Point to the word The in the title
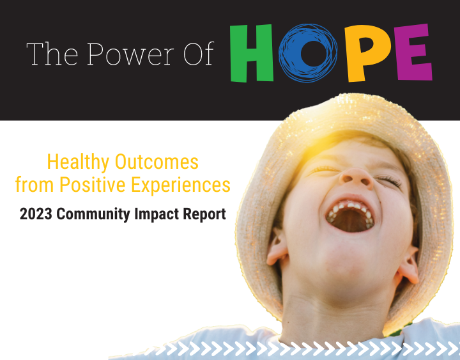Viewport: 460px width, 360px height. tap(52, 54)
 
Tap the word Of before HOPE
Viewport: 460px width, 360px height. tap(199, 54)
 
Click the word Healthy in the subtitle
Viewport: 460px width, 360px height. tap(78, 162)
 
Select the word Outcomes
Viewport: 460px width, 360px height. tap(157, 162)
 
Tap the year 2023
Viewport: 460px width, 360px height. tap(36, 214)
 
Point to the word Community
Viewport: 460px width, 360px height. tap(93, 214)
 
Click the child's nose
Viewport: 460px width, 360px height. tap(356, 178)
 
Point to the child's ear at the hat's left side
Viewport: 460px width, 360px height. tap(277, 247)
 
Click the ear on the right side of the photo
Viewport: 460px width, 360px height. tap(408, 266)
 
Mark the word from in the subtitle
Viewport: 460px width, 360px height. tap(34, 184)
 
